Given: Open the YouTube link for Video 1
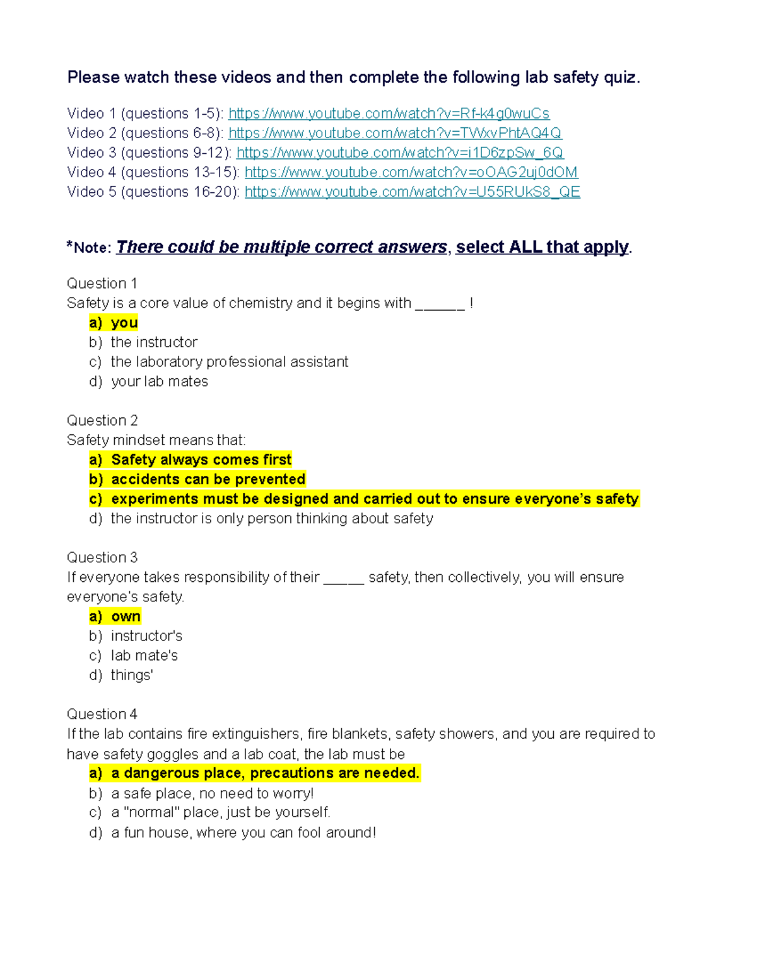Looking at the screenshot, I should coord(389,113).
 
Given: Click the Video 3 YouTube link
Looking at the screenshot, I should coord(400,153).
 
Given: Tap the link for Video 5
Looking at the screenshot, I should coord(412,192).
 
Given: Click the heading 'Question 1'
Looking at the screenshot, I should coord(102,284).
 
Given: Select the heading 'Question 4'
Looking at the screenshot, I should coord(102,714).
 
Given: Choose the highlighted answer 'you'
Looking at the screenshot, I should coord(124,323).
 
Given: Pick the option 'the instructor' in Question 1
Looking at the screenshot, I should coord(154,342).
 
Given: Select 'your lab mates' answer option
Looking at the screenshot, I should coord(160,381).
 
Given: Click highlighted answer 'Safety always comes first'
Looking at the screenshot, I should coord(201,460).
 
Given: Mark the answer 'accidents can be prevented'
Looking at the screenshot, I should coord(208,479).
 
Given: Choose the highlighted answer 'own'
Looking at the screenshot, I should coord(126,617).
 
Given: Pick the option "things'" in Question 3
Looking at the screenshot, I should coord(132,675).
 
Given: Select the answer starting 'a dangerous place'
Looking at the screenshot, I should coord(265,773).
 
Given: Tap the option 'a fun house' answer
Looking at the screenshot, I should coord(244,833).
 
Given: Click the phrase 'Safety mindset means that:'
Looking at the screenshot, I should coord(156,440).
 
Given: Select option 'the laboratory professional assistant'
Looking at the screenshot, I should coord(230,362).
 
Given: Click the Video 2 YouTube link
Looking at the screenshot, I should coord(395,133).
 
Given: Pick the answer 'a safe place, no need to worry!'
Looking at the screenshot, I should coord(212,794).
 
